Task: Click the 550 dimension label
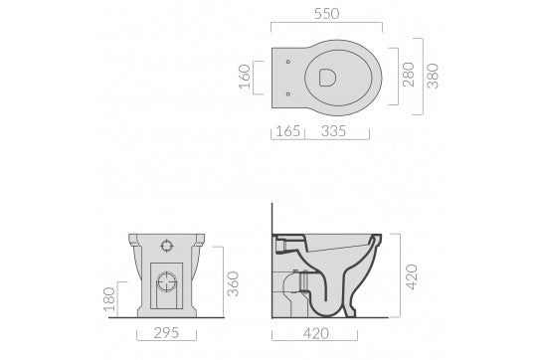click(327, 14)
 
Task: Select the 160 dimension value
click(245, 77)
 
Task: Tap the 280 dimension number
click(408, 75)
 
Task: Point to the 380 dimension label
click(433, 76)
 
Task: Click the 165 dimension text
click(288, 131)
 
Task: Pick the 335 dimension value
click(333, 131)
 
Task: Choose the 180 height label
click(109, 299)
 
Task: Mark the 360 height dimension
click(234, 283)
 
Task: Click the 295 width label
click(166, 333)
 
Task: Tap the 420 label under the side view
click(316, 333)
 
